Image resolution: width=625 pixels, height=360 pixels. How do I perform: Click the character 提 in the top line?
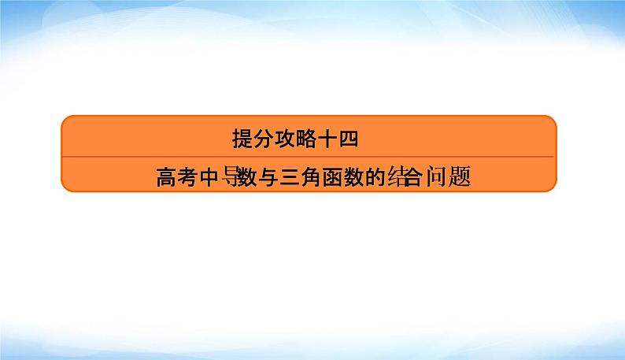click(242, 139)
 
